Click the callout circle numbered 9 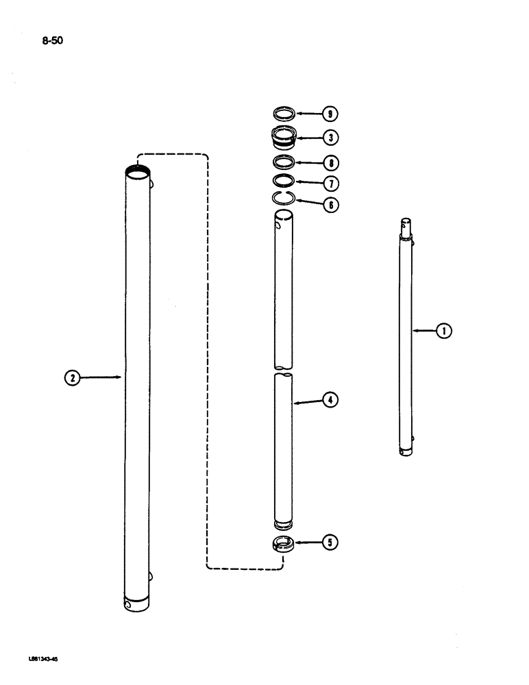(332, 113)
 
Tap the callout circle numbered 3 (332, 138)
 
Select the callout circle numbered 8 (332, 163)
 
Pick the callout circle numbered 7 (332, 184)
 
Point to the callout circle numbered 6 (332, 204)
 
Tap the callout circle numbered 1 (444, 332)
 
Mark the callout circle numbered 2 (72, 376)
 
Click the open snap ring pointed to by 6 (283, 199)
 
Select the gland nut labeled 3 (283, 137)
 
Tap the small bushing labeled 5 (283, 545)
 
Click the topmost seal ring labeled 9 (283, 112)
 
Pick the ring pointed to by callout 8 (283, 162)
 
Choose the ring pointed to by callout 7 (283, 181)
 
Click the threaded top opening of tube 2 (138, 173)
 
